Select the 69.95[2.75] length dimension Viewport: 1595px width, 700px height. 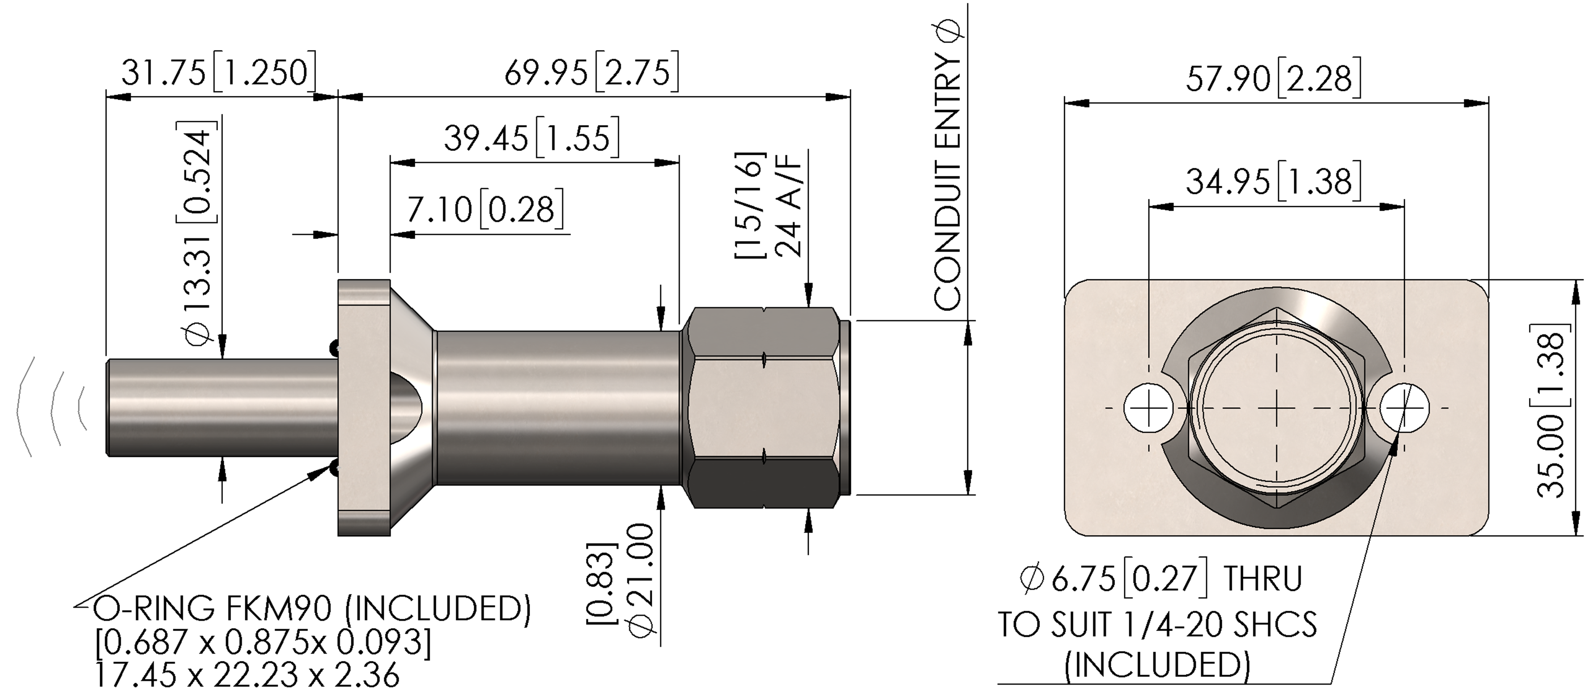pos(591,72)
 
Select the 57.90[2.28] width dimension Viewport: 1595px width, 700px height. pos(1274,78)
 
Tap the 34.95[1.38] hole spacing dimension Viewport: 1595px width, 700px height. pos(1274,181)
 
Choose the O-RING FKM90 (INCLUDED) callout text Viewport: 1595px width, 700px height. pos(311,609)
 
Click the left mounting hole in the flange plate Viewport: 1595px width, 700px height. pos(1149,408)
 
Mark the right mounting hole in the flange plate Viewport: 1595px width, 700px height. pos(1405,408)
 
